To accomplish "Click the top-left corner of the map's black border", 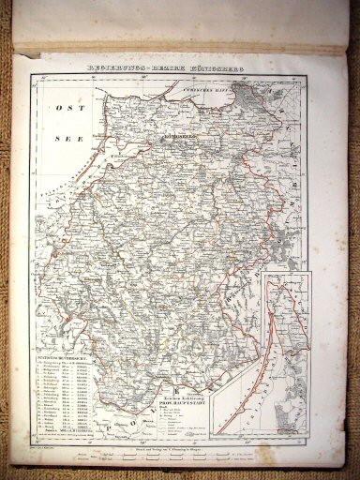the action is click(x=30, y=76).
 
